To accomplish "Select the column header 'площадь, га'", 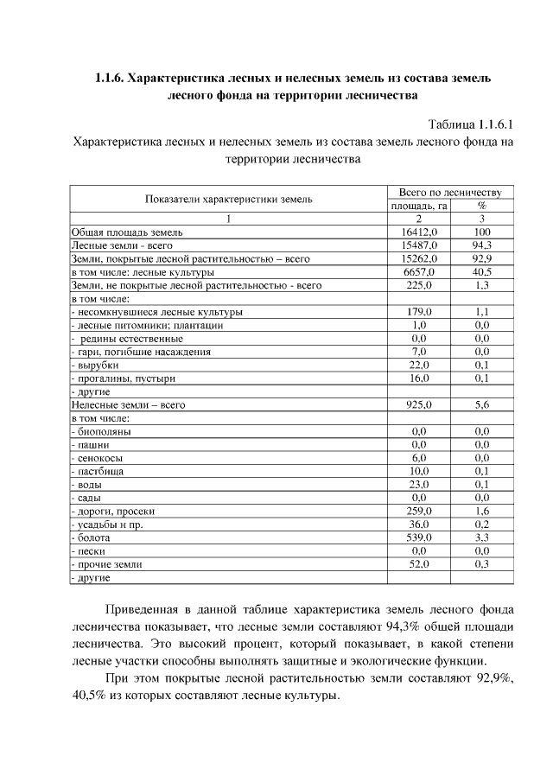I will pos(417,206).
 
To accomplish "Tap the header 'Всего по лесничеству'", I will pos(450,192).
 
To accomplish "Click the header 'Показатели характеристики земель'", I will pos(229,199).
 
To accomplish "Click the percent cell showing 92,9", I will pos(482,258).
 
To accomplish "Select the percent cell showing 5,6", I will pos(482,404).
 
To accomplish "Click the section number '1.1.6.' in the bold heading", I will pos(110,78).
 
